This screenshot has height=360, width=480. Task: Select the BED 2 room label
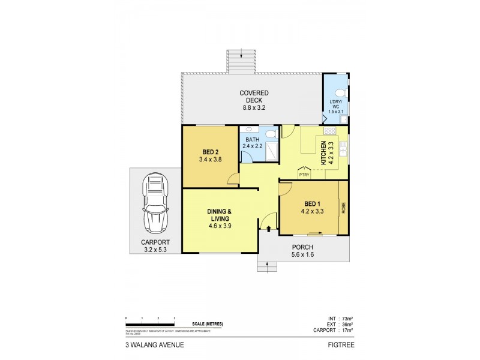click(x=210, y=156)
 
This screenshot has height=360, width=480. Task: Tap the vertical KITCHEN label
click(x=323, y=152)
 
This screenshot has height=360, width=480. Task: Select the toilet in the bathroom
click(x=271, y=134)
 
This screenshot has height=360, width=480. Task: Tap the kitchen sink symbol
click(x=344, y=151)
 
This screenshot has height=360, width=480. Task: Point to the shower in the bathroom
click(x=270, y=152)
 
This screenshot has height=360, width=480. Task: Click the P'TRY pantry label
click(x=305, y=175)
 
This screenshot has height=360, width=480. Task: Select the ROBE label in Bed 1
click(x=344, y=209)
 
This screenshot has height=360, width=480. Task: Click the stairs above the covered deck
click(x=242, y=60)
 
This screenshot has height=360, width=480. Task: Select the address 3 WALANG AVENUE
click(x=148, y=346)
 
